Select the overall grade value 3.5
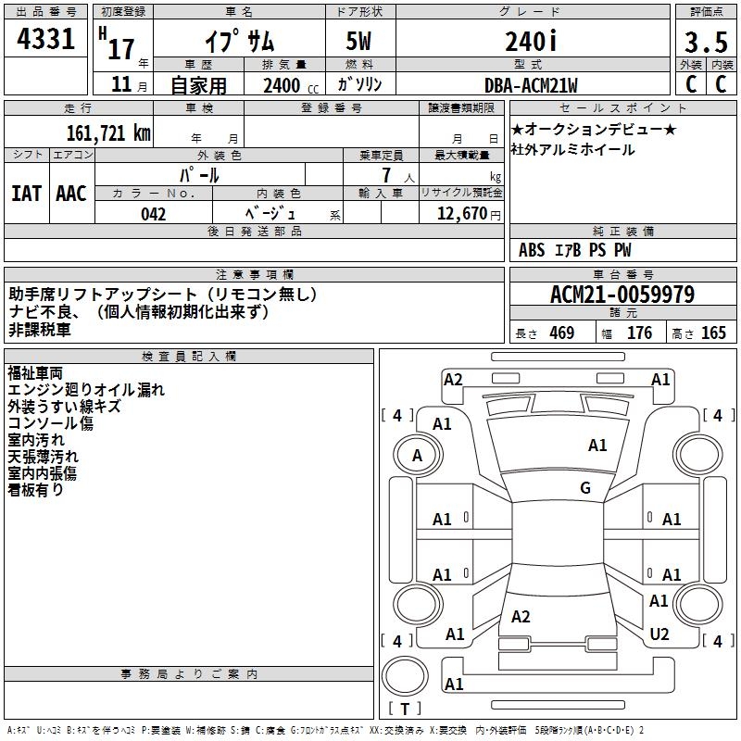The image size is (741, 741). tap(705, 42)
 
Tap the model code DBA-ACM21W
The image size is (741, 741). tap(531, 85)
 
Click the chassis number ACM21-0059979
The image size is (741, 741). tap(622, 295)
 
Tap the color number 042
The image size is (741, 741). tap(153, 214)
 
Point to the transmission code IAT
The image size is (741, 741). tap(26, 193)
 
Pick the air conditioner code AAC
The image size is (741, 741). tap(71, 193)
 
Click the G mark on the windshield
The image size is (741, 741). tap(584, 488)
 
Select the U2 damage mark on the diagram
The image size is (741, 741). tap(659, 634)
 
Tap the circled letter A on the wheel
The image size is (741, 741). tap(417, 455)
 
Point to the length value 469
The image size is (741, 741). tap(560, 333)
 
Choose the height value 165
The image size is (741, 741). tap(713, 333)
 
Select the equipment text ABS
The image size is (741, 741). tap(532, 250)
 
